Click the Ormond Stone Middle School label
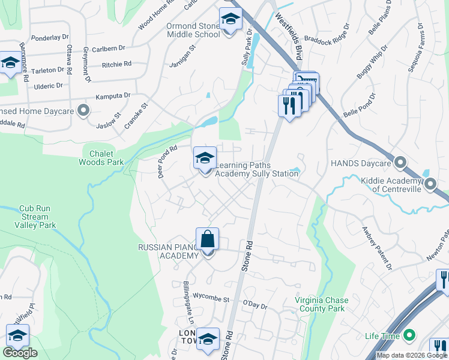(193, 31)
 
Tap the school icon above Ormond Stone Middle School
(229, 20)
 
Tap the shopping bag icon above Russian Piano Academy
(207, 239)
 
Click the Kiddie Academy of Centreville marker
(430, 185)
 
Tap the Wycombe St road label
(210, 298)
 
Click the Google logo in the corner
(20, 353)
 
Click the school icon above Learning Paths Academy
(205, 158)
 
